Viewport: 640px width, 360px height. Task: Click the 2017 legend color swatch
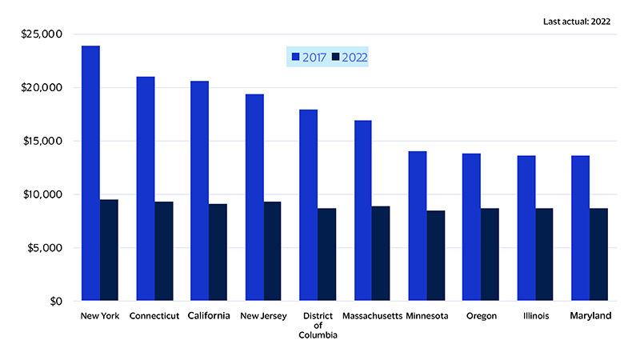[295, 58]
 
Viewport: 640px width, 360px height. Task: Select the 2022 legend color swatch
[336, 58]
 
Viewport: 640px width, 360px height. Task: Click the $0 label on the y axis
[54, 302]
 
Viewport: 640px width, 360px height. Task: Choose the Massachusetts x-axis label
[371, 316]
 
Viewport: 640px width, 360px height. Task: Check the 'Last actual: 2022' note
[576, 22]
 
